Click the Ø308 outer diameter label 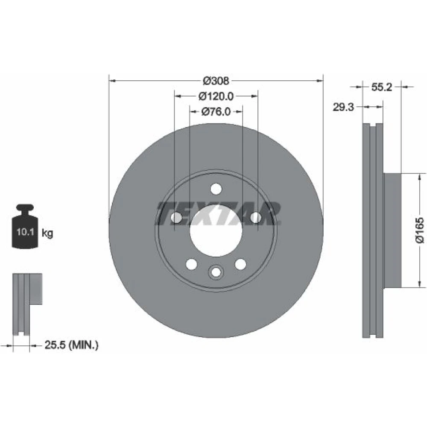coord(216,81)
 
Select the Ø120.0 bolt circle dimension coord(216,96)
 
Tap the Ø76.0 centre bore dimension coord(216,111)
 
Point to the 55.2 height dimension coord(381,87)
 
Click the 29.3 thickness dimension coord(343,107)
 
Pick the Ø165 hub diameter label coord(420,230)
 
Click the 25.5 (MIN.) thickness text coord(71,345)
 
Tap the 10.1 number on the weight coord(25,232)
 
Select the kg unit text coord(47,233)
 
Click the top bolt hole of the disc coord(216,189)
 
